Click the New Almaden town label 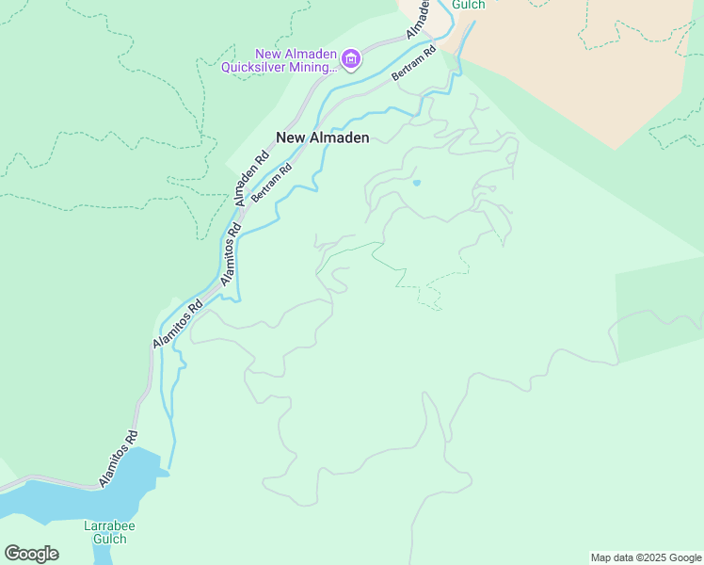322,137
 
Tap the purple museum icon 351,60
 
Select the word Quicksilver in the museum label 256,67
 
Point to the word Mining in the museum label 312,67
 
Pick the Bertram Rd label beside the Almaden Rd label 273,183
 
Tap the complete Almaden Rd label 252,176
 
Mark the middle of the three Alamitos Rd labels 178,325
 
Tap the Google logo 31,554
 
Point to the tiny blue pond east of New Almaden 416,182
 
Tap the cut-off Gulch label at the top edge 468,5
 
